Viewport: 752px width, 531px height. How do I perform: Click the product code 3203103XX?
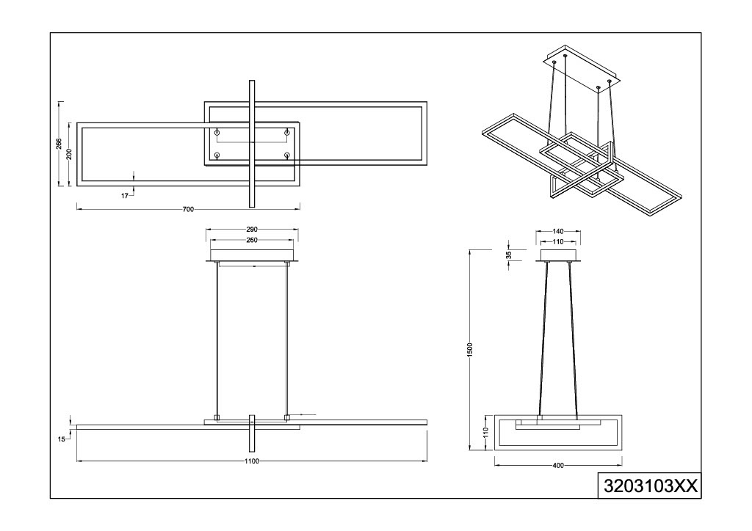click(650, 486)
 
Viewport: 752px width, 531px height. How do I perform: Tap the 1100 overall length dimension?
click(252, 461)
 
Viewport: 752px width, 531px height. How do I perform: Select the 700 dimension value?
click(189, 209)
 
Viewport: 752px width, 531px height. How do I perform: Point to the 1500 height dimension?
click(470, 349)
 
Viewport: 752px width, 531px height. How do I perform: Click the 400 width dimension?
click(558, 466)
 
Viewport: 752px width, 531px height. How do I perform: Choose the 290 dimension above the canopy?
click(252, 230)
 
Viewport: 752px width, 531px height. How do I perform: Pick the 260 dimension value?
click(252, 241)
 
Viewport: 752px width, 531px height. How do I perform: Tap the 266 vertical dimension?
click(59, 144)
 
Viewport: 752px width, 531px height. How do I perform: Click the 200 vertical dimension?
click(69, 154)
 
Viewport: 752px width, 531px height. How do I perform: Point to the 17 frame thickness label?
click(125, 195)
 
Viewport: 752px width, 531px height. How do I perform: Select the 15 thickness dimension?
click(62, 439)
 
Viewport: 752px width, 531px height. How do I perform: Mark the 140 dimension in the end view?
click(558, 232)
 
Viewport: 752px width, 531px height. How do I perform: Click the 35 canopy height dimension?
click(509, 254)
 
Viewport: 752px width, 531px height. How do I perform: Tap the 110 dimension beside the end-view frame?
click(485, 433)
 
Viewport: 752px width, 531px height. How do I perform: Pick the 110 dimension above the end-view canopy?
click(558, 242)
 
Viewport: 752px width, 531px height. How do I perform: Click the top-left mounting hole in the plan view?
click(217, 132)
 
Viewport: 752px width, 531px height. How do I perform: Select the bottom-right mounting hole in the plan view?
click(287, 155)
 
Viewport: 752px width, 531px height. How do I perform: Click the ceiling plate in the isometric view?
click(582, 64)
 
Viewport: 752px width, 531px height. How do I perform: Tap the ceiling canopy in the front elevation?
click(253, 256)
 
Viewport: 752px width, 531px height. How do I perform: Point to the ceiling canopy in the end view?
click(558, 256)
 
